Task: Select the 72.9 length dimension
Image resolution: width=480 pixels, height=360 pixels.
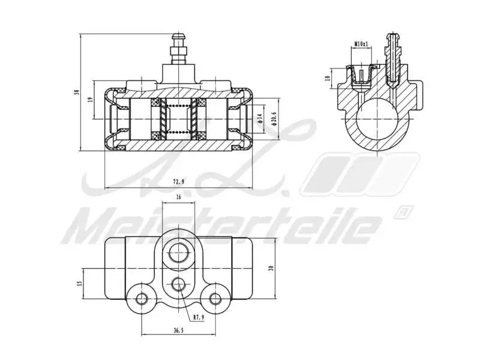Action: click(x=178, y=181)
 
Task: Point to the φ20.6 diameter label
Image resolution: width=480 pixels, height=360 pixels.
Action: click(x=274, y=117)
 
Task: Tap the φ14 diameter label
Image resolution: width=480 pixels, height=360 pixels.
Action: click(x=260, y=117)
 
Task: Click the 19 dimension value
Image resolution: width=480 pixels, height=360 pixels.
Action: click(x=91, y=100)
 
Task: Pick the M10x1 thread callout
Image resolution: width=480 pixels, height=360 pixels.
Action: click(x=361, y=44)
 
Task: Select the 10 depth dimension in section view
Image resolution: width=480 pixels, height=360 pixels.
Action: click(x=328, y=78)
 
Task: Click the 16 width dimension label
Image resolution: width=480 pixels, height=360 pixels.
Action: click(x=178, y=197)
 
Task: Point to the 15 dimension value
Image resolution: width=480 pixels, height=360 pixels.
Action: click(x=79, y=283)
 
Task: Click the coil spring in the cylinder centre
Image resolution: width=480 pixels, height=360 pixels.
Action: click(x=178, y=117)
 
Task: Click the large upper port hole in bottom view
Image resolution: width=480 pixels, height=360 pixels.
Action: click(x=178, y=253)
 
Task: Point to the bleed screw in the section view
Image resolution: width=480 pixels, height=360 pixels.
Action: click(x=394, y=60)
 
